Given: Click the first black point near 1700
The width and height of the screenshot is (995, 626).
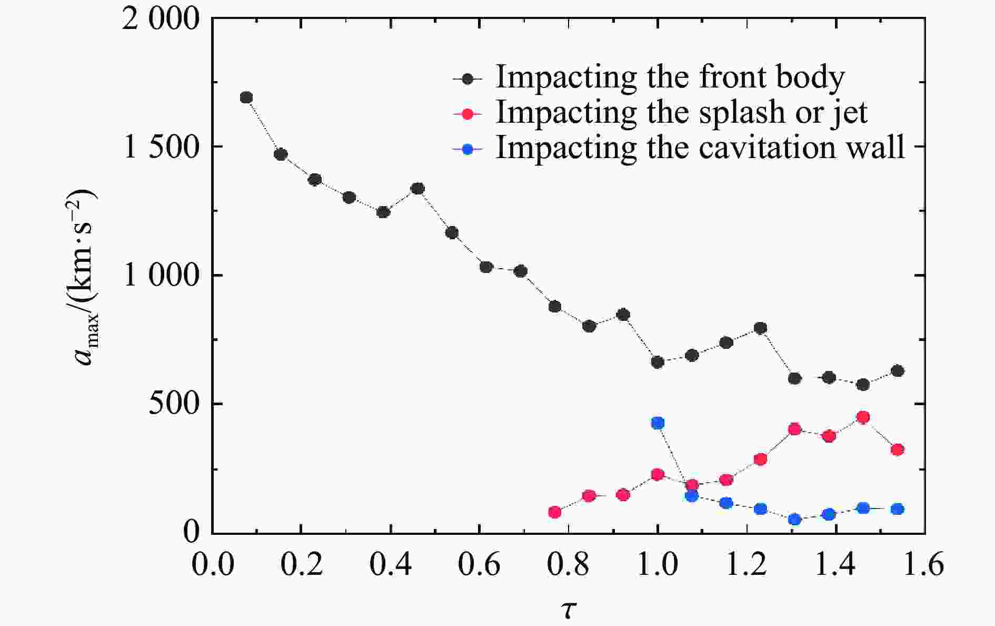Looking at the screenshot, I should click(246, 97).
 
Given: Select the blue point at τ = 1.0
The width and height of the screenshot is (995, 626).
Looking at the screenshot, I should click(658, 423).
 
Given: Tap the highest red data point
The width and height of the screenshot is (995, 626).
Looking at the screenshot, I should click(863, 417).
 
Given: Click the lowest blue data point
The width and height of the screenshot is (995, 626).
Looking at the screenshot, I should click(795, 520).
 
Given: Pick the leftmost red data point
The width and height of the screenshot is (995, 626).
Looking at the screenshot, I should click(555, 512).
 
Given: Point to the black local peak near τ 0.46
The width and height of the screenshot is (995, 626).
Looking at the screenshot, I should click(417, 189).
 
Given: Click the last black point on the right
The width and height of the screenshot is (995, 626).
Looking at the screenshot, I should click(898, 371).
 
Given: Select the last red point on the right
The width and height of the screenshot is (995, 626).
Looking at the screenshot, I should click(898, 449).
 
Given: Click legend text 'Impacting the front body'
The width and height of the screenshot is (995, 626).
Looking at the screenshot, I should click(670, 77).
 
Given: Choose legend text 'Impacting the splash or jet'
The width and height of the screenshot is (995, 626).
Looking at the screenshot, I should click(682, 112).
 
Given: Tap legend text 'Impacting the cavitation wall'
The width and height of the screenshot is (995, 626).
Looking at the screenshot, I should click(700, 147).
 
